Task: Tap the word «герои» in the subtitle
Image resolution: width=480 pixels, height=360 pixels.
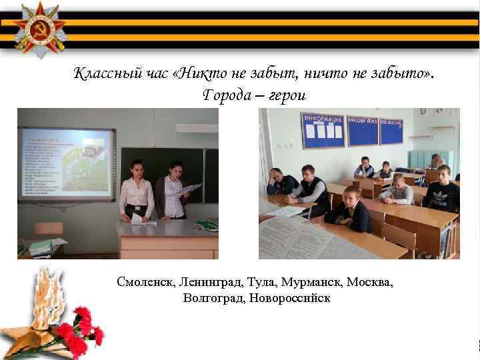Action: pyautogui.click(x=287, y=95)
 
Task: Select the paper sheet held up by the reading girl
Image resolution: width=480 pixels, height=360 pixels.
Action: pyautogui.click(x=191, y=189)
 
